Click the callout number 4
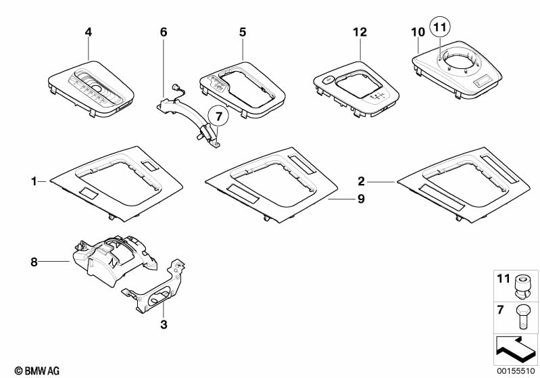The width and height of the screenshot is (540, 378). (87, 31)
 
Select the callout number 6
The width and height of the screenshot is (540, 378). (163, 32)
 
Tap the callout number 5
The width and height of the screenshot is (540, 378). (242, 31)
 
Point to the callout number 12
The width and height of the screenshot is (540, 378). (359, 31)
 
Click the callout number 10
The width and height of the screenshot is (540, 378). (417, 31)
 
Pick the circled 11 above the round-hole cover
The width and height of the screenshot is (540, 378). (440, 28)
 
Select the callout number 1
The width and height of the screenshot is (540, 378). (33, 181)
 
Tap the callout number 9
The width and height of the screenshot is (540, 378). (342, 199)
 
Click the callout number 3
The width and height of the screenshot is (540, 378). (164, 325)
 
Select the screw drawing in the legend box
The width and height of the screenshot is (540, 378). (521, 316)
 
